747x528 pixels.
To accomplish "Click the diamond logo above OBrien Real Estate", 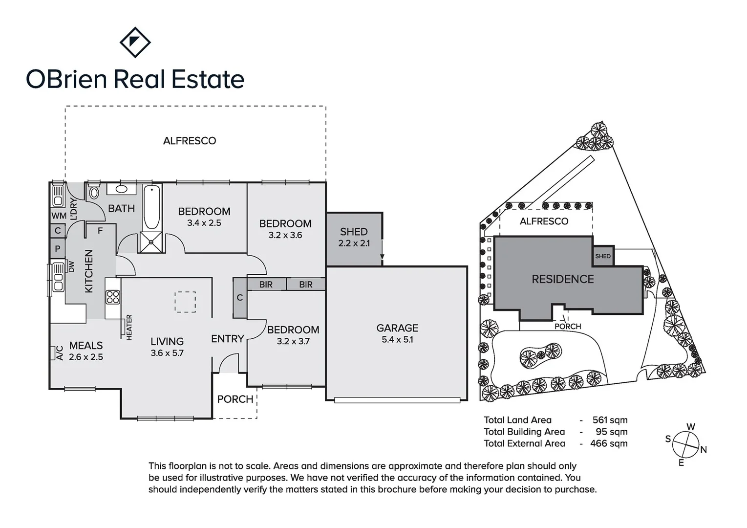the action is pos(135,43).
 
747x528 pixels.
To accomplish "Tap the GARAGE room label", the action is pos(397,328).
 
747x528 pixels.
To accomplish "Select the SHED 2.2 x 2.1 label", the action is pos(354,237).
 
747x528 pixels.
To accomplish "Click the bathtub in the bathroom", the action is pos(152,207).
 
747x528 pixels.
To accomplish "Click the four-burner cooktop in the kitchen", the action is pos(113,297).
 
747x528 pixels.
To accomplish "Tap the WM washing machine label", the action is pos(59,216).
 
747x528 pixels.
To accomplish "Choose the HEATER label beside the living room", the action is pos(129,327).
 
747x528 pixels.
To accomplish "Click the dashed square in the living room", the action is pos(186,302).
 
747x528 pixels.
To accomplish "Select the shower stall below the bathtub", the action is pos(151,242).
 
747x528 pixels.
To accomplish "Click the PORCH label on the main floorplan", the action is pos(235,399).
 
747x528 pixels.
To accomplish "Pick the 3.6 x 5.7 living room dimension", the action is pos(167,353).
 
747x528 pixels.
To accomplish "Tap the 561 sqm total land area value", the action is pos(610,420).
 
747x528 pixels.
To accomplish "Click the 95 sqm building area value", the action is pos(612,432).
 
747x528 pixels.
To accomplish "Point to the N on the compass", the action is pos(704,450).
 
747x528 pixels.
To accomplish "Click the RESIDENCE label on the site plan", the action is pos(563,279).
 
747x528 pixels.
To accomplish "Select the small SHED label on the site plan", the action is pos(603,256).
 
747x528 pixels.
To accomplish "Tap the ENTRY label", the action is pos(228,339).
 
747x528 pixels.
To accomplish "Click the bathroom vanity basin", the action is pos(121,189).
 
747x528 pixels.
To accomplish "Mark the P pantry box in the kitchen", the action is pos(58,248).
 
